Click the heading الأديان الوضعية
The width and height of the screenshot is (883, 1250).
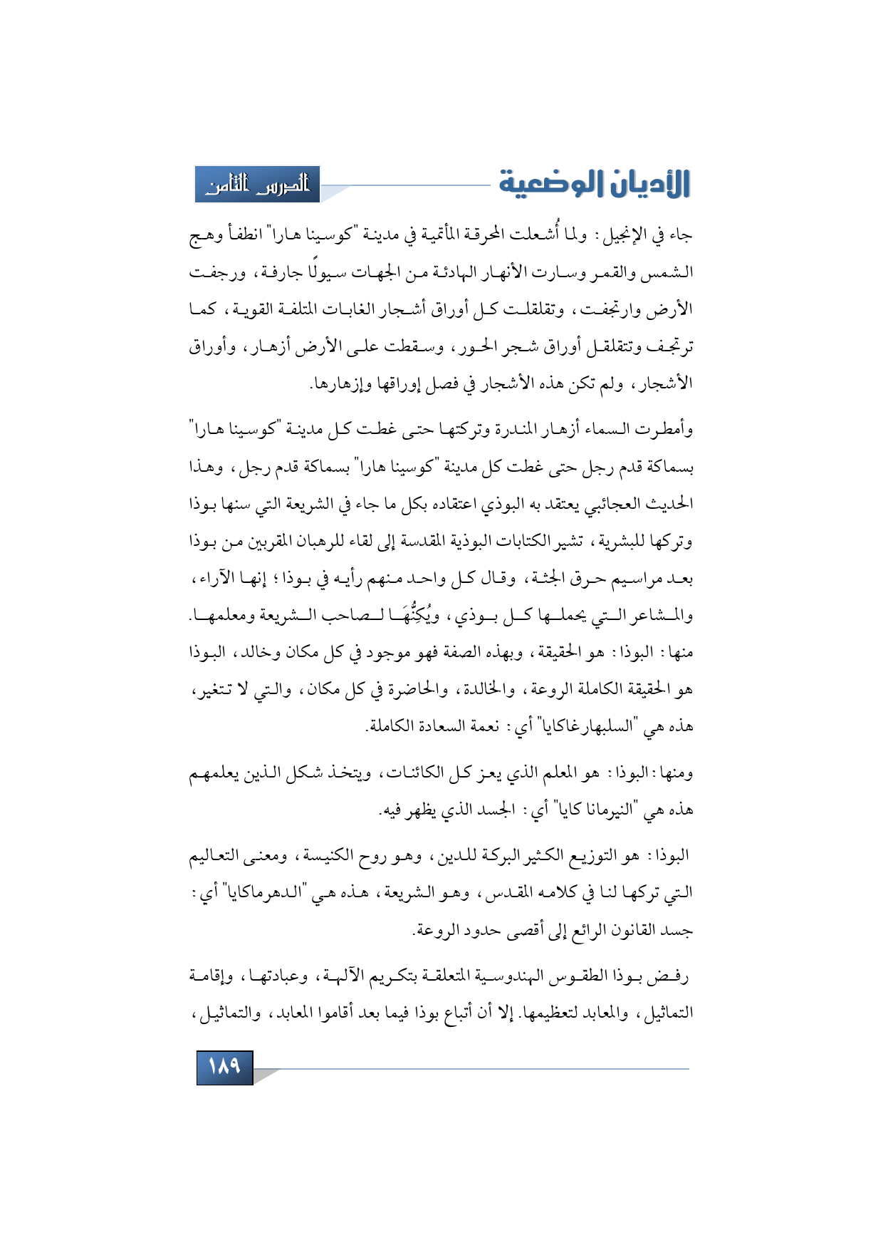tap(594, 184)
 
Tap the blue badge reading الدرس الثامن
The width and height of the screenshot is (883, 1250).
tap(258, 185)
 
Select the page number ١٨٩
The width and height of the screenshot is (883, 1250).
tap(224, 1067)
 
